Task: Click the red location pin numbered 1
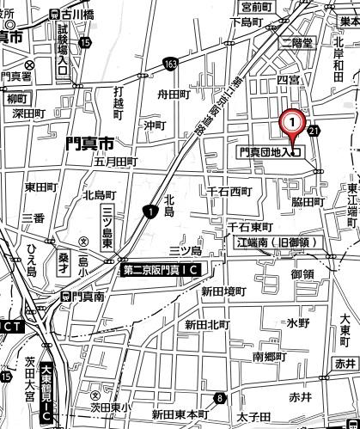pyautogui.click(x=293, y=124)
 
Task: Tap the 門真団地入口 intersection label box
pyautogui.click(x=268, y=152)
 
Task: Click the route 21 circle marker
pyautogui.click(x=314, y=132)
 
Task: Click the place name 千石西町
pyautogui.click(x=226, y=190)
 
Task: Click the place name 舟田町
pyautogui.click(x=173, y=96)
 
